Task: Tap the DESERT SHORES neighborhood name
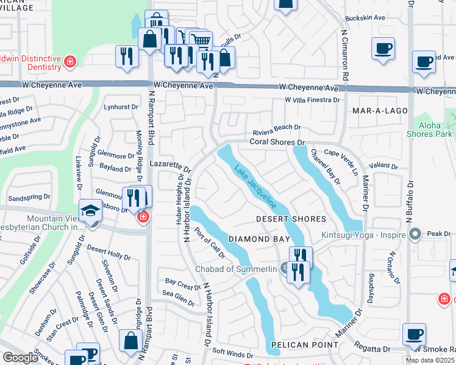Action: (291, 219)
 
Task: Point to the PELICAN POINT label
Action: (304, 345)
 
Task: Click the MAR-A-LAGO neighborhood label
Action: (375, 111)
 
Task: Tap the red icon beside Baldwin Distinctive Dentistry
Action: (71, 61)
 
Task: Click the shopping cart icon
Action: (201, 40)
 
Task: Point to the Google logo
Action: (20, 358)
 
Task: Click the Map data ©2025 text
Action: (430, 360)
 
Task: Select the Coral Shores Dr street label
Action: (277, 142)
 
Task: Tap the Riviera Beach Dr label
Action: (277, 127)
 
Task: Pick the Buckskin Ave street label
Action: (365, 18)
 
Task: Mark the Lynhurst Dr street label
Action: (118, 106)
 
